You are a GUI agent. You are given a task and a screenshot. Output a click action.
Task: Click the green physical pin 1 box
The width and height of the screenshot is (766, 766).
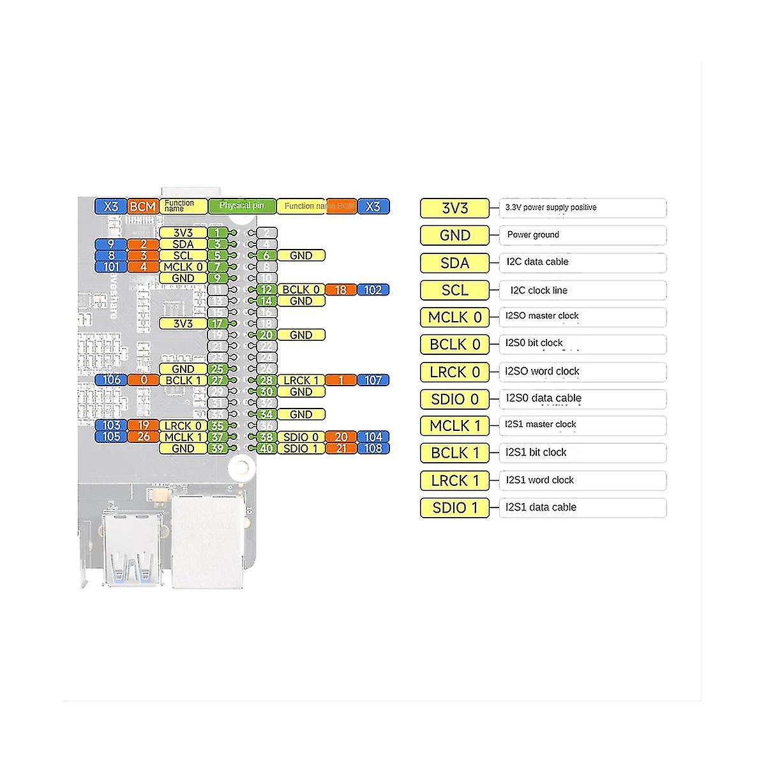point(218,233)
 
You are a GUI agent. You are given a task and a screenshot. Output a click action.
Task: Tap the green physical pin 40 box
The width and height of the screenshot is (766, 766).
point(266,448)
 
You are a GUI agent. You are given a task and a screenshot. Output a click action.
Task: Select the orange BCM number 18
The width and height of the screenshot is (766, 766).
point(341,290)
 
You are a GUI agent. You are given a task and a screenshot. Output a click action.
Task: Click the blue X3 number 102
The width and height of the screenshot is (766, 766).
point(373,290)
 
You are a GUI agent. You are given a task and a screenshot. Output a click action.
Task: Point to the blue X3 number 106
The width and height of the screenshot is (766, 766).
point(111,380)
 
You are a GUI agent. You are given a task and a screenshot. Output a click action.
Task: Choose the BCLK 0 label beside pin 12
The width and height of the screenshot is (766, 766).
point(301,290)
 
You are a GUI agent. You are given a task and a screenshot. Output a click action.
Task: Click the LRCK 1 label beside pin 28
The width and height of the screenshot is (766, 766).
point(301,380)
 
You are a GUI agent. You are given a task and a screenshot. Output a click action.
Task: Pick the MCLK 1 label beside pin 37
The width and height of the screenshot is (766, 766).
point(183,437)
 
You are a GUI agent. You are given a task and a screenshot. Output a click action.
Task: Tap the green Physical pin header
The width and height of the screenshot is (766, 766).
point(242,206)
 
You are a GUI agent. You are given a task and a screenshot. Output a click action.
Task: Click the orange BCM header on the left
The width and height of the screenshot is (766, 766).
point(143,206)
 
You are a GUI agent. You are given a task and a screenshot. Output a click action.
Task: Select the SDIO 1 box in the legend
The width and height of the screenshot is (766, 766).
point(454,508)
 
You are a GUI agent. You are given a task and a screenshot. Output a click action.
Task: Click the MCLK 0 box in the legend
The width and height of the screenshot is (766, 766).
point(454,317)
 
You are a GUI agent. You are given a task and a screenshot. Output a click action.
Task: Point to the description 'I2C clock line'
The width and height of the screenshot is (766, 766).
point(539,290)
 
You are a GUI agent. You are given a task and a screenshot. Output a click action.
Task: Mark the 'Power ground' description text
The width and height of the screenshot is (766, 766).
point(533,235)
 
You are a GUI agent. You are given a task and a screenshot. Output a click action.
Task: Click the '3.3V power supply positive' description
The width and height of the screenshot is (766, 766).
point(551,207)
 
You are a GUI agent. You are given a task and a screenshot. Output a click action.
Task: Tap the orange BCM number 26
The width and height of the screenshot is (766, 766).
point(143,437)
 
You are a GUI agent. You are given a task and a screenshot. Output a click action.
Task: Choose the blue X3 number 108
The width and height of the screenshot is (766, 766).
point(373,448)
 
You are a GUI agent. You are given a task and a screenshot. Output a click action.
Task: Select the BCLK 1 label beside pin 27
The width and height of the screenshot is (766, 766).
point(183,380)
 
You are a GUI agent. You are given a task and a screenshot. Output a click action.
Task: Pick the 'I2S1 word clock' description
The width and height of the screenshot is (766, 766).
point(539,480)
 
